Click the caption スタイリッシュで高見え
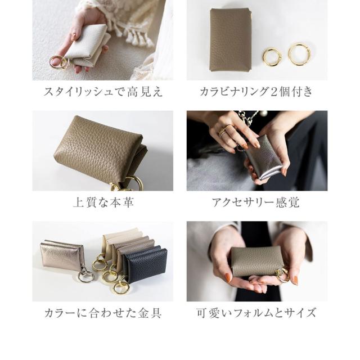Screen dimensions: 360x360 [103, 92]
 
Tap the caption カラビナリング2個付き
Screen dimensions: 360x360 [256, 92]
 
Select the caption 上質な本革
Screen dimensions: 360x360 [103, 202]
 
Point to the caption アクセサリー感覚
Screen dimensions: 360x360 [256, 202]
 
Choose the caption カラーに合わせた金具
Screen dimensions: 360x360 [103, 313]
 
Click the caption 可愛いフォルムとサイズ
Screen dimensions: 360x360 [256, 313]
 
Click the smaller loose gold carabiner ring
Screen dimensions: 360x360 [272, 57]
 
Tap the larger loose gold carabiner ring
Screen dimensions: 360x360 [299, 55]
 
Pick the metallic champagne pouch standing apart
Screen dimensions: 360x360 [61, 254]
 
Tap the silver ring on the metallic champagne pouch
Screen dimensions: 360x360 [85, 276]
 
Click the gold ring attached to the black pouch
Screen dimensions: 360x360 [121, 287]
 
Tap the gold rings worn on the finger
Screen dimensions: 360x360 [225, 131]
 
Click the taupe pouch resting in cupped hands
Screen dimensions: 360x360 [256, 262]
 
